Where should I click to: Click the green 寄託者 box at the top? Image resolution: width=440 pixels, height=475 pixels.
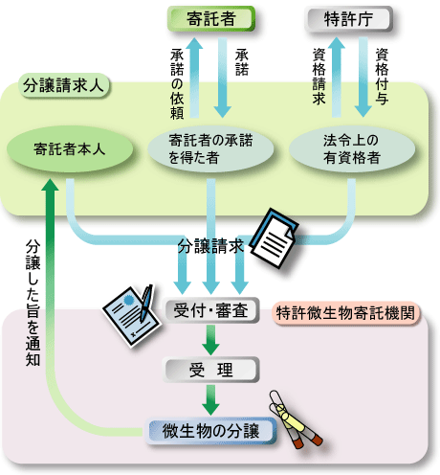click(211, 18)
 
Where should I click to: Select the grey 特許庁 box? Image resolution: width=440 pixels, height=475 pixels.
click(348, 18)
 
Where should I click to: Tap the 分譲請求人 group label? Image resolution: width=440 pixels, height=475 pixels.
click(64, 85)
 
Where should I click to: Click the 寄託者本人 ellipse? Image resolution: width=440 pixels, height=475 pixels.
click(70, 149)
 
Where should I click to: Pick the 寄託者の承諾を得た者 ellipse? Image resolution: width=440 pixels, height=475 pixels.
click(210, 149)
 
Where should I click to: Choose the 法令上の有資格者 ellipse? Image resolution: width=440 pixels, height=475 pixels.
click(352, 149)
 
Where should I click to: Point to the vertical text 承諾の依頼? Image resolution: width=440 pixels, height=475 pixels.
click(177, 83)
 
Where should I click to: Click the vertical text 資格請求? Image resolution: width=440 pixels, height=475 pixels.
click(319, 77)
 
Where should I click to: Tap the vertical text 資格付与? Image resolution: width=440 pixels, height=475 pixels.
click(382, 77)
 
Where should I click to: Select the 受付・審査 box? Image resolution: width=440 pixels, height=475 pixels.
click(210, 310)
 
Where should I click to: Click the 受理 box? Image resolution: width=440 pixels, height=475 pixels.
click(210, 370)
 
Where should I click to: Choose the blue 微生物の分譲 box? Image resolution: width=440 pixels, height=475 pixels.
click(210, 431)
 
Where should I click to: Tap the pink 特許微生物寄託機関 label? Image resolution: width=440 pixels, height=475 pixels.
click(345, 313)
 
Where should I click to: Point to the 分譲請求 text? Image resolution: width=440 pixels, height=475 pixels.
click(210, 246)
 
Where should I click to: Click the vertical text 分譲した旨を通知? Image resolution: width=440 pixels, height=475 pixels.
click(33, 303)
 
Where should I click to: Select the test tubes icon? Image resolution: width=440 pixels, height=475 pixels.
click(295, 419)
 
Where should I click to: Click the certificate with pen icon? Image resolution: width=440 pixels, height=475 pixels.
click(131, 316)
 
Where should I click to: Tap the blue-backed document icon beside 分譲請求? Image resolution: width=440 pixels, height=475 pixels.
click(275, 237)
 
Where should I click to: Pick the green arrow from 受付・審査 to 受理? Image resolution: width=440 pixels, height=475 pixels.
click(210, 340)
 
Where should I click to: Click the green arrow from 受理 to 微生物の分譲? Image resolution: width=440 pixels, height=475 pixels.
click(210, 400)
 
